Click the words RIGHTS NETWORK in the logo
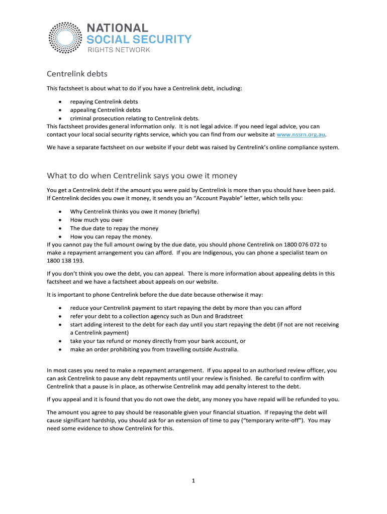tap(119, 50)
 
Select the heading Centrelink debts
tap(77, 74)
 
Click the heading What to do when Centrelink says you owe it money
tap(142, 176)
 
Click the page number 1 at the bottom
tap(193, 480)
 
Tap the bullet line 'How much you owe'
tap(96, 220)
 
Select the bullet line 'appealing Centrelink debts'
tap(106, 110)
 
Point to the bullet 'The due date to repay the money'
tap(114, 228)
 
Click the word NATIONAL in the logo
tap(118, 28)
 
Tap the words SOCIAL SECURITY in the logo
tap(139, 39)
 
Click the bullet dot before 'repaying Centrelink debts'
tap(60, 102)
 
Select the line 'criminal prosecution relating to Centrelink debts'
tap(135, 118)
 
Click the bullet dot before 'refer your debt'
tap(60, 316)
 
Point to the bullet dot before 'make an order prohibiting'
tap(60, 349)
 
